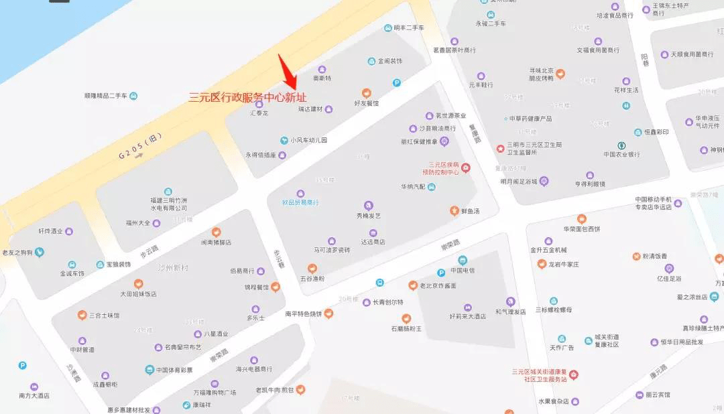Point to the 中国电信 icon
click(x=463, y=260)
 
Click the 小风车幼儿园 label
click(x=309, y=140)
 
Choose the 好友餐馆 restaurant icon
click(x=367, y=93)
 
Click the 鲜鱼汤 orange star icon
click(x=454, y=211)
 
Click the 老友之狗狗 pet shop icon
click(x=41, y=253)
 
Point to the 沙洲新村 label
click(x=173, y=267)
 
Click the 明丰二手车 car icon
click(x=387, y=27)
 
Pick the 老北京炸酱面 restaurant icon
click(x=413, y=285)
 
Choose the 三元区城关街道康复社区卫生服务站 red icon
click(x=573, y=374)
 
